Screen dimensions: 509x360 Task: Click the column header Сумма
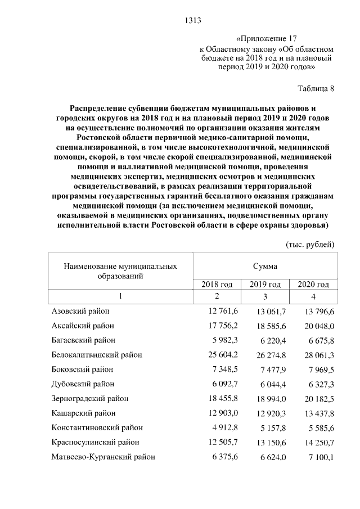pos(265,265)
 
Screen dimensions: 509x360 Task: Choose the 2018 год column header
pos(217,284)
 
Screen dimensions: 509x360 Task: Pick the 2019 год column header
pos(265,284)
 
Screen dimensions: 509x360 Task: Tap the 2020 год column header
pos(313,284)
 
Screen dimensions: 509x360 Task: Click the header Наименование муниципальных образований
pos(120,271)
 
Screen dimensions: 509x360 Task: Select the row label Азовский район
pos(80,311)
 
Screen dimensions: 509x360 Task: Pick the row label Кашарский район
pos(84,413)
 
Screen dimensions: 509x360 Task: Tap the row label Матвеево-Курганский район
pos(103,457)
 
